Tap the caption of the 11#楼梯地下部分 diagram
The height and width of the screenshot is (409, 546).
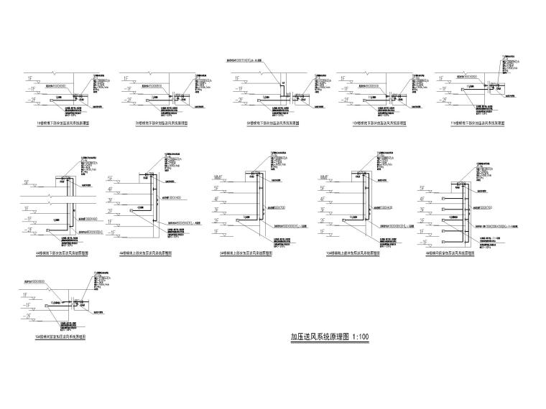tap(473, 123)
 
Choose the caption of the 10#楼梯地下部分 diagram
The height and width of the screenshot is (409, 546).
tap(374, 123)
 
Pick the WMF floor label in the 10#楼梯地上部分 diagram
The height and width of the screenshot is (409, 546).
tap(320, 177)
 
